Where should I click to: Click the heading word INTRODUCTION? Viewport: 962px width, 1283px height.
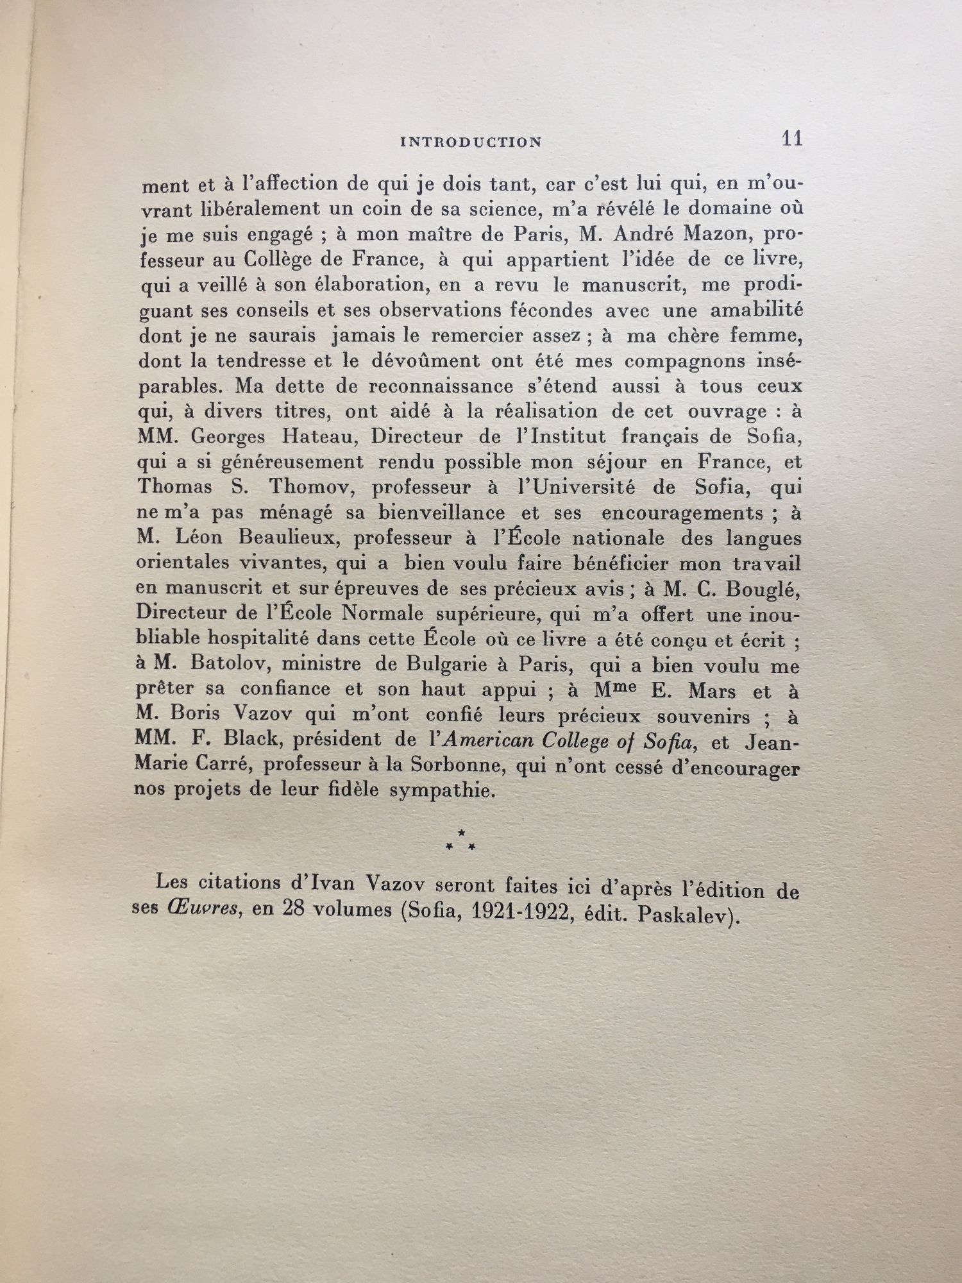pyautogui.click(x=471, y=142)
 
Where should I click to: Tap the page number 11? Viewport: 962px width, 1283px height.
pyautogui.click(x=792, y=139)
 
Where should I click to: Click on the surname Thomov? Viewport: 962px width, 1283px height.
pyautogui.click(x=310, y=487)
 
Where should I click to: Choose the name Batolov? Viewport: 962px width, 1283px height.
pyautogui.click(x=232, y=665)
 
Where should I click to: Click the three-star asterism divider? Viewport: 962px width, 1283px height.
pyautogui.click(x=461, y=841)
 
